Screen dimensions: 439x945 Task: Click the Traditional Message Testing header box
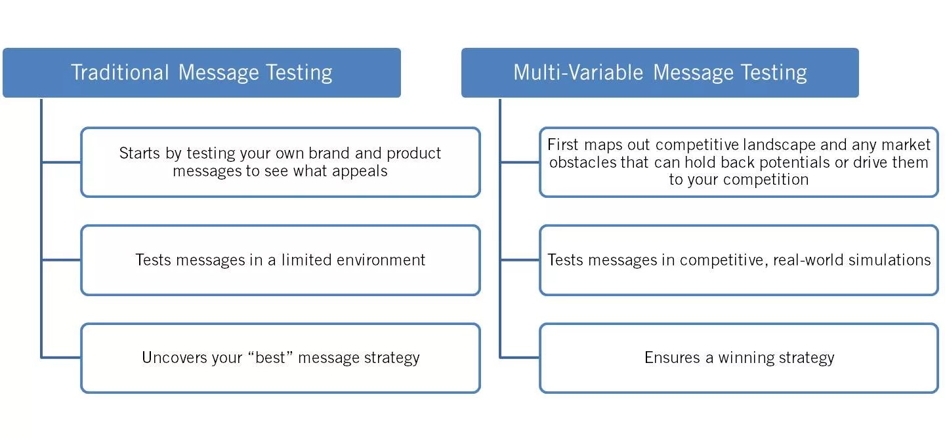(x=201, y=73)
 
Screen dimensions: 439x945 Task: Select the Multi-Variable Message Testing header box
(x=660, y=73)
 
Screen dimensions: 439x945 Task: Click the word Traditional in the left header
(x=119, y=73)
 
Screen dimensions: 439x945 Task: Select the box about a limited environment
(x=280, y=260)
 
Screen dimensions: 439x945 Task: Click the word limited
(x=306, y=260)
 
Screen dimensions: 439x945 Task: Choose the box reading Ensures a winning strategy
(x=739, y=358)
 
